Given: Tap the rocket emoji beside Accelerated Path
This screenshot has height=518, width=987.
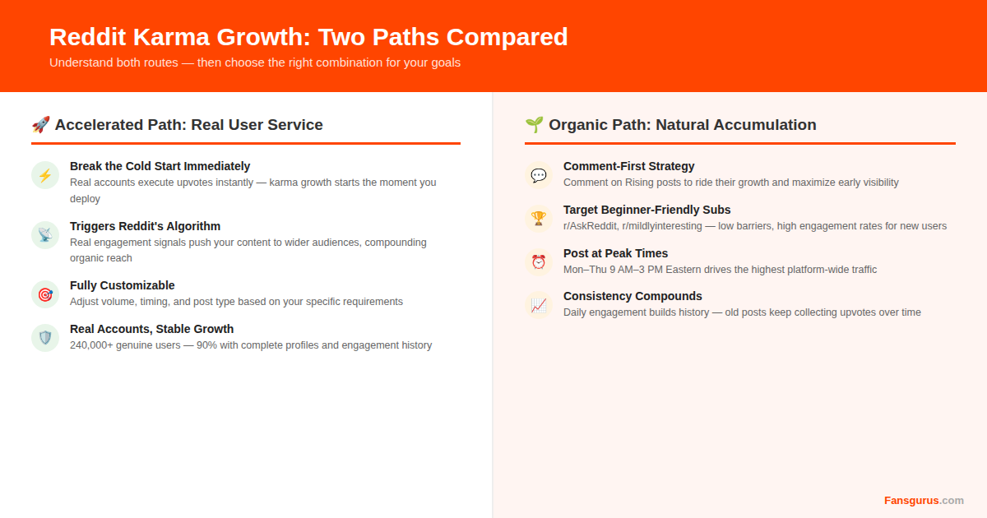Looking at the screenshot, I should (40, 125).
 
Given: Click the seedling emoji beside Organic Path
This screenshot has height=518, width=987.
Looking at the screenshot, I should (534, 125).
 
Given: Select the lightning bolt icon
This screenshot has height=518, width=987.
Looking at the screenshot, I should (45, 175).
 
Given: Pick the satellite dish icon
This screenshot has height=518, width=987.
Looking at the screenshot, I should (45, 235).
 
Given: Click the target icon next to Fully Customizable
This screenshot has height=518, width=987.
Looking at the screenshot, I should (45, 294).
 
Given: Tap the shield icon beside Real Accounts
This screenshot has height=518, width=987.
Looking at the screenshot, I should (45, 338).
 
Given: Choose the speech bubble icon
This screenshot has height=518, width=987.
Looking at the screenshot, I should (539, 175).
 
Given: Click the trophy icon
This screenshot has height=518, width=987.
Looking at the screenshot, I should (539, 219).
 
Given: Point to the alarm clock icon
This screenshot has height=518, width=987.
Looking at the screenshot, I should (539, 262).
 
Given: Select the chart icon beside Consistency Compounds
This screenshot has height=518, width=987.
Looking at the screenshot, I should (539, 305).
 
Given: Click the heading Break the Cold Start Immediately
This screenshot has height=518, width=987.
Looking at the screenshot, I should (160, 166).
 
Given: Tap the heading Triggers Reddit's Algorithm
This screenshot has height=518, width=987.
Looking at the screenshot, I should (145, 226).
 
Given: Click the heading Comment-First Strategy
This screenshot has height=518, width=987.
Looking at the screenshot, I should (628, 166).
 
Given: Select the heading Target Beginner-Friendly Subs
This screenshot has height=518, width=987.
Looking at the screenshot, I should (646, 210).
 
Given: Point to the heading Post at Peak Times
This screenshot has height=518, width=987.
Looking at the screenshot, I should (615, 253).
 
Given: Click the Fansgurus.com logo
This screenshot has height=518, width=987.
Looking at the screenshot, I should (924, 500).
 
